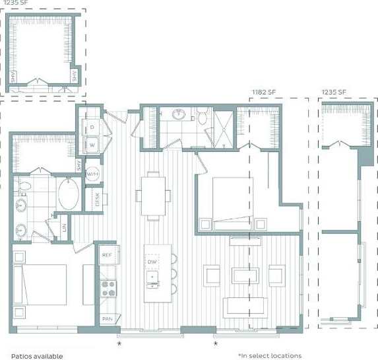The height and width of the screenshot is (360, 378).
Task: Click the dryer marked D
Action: pos(92,126)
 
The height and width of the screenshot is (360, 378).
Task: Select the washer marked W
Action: pos(92,143)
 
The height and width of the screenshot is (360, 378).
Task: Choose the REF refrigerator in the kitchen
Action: pos(108,254)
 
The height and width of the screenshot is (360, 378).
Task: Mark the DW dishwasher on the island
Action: pos(152,262)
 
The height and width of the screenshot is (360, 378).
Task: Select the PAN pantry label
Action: pos(107,319)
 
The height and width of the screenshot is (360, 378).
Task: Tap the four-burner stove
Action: pos(108,288)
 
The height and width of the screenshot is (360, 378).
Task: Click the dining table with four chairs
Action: pos(152,195)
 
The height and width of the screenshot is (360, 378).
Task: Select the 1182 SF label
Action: pos(264,92)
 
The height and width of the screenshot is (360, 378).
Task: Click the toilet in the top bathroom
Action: pos(205,118)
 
